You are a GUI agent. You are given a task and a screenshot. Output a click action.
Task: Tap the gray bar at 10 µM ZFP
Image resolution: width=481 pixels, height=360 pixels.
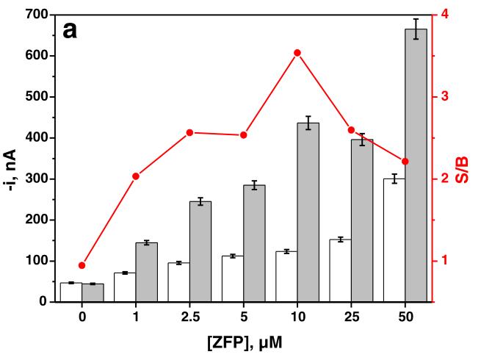[308, 212]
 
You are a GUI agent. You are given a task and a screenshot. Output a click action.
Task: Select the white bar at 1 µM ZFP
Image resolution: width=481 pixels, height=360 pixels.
[125, 287]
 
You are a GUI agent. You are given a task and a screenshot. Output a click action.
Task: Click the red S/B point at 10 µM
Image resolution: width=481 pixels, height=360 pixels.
[297, 53]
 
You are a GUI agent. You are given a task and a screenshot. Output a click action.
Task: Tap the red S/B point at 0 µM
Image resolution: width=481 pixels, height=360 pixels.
[82, 265]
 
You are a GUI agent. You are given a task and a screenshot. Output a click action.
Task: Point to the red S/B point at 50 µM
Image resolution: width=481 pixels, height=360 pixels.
[405, 162]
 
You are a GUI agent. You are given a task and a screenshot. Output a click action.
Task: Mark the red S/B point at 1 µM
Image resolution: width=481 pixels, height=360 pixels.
[136, 176]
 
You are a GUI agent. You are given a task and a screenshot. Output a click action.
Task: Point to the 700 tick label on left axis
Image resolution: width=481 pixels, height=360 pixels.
[37, 15]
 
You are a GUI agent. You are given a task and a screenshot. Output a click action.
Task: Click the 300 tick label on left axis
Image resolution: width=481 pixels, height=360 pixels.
[37, 179]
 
